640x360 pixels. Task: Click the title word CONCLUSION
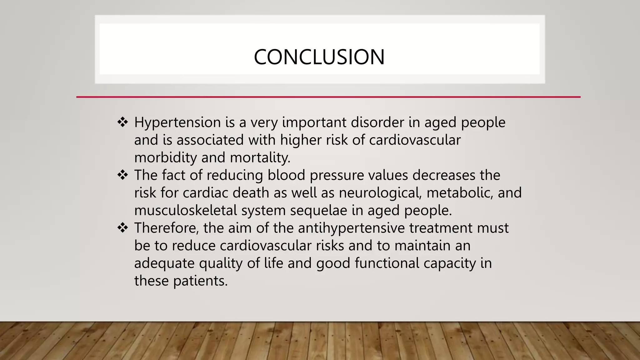319,57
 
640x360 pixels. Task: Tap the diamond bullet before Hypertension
122,122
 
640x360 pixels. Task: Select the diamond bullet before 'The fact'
122,175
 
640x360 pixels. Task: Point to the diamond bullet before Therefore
122,227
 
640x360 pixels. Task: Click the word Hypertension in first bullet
177,122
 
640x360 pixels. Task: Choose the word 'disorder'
377,122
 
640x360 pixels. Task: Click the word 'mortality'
260,157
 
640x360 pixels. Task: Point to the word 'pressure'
337,175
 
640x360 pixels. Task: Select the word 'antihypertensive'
351,228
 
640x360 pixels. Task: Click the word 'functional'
387,263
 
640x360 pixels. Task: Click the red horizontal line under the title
328,97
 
